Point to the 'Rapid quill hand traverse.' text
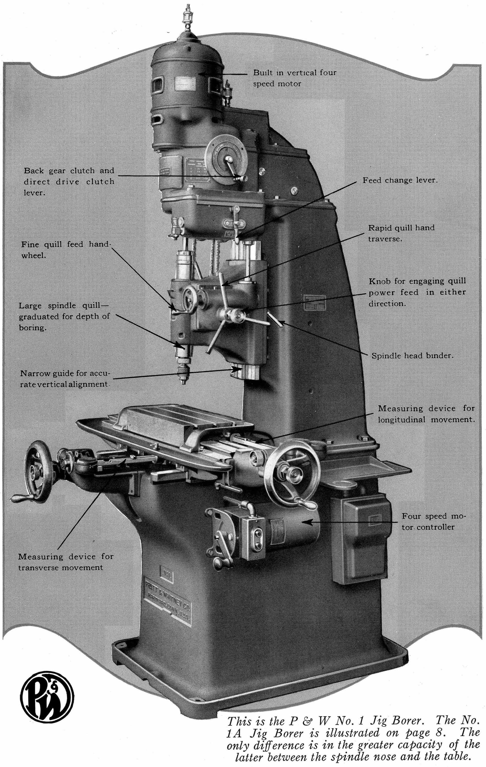[401, 233]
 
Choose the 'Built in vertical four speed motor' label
[294, 78]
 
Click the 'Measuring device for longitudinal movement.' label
[426, 414]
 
